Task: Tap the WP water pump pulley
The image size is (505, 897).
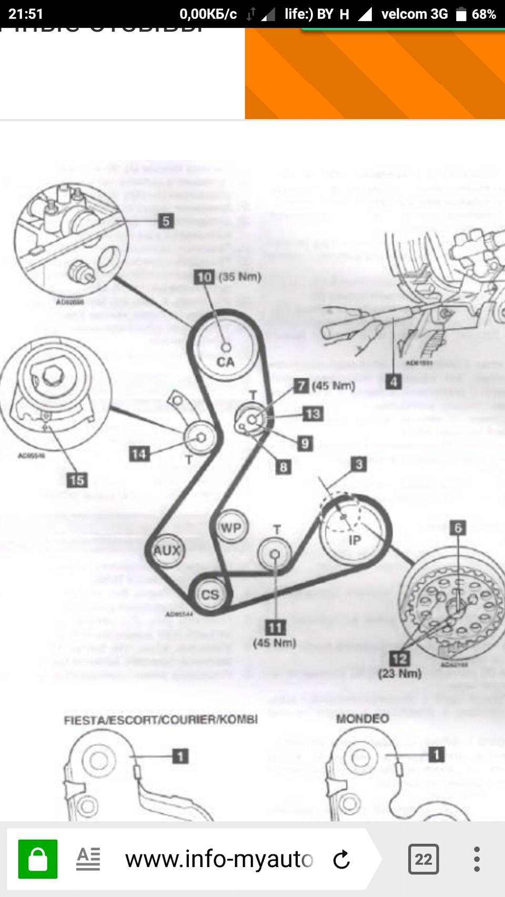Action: (231, 527)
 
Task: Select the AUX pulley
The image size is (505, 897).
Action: (167, 550)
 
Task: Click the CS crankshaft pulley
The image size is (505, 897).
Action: (210, 594)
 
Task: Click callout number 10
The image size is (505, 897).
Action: (204, 277)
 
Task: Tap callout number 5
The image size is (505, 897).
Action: (166, 221)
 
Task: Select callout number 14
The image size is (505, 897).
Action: (139, 453)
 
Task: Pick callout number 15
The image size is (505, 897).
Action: (77, 480)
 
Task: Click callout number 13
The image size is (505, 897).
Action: (313, 414)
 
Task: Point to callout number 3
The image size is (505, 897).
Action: (359, 464)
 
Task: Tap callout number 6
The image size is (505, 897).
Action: (458, 528)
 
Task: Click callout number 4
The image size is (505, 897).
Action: (393, 382)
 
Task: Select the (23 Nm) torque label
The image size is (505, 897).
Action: (400, 673)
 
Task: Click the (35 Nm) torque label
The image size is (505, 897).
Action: (240, 277)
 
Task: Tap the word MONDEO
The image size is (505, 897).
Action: (362, 718)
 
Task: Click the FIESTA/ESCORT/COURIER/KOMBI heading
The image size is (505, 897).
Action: (160, 719)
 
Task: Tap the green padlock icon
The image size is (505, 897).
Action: (38, 859)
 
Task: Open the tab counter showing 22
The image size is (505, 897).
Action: (423, 859)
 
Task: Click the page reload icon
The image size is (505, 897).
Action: (341, 859)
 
